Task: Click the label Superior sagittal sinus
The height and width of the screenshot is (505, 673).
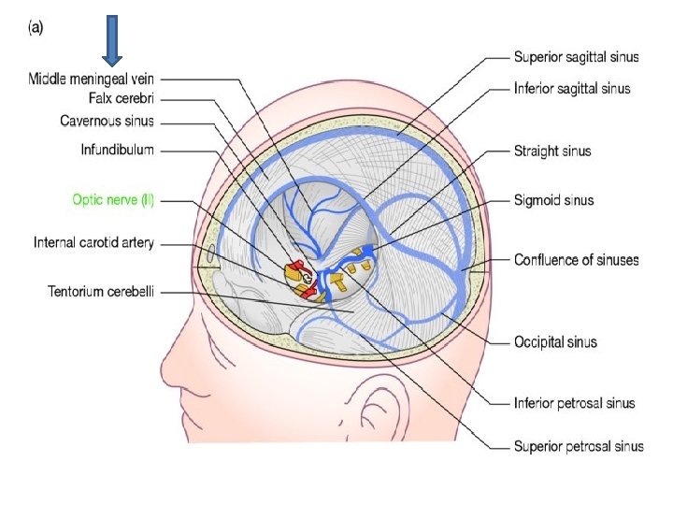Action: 576,57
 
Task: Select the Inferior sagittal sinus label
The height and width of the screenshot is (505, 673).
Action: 572,89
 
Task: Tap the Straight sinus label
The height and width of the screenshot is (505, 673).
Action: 552,150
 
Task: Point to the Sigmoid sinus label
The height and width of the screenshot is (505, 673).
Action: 553,200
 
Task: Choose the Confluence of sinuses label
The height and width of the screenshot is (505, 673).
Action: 576,259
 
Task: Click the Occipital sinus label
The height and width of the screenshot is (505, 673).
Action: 555,342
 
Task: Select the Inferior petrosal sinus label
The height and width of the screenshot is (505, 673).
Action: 574,403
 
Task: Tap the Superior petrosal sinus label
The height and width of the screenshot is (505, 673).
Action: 577,446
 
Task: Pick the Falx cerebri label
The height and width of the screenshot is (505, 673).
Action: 122,98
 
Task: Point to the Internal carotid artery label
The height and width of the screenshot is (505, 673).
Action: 93,243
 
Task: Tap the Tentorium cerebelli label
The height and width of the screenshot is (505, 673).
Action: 103,292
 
